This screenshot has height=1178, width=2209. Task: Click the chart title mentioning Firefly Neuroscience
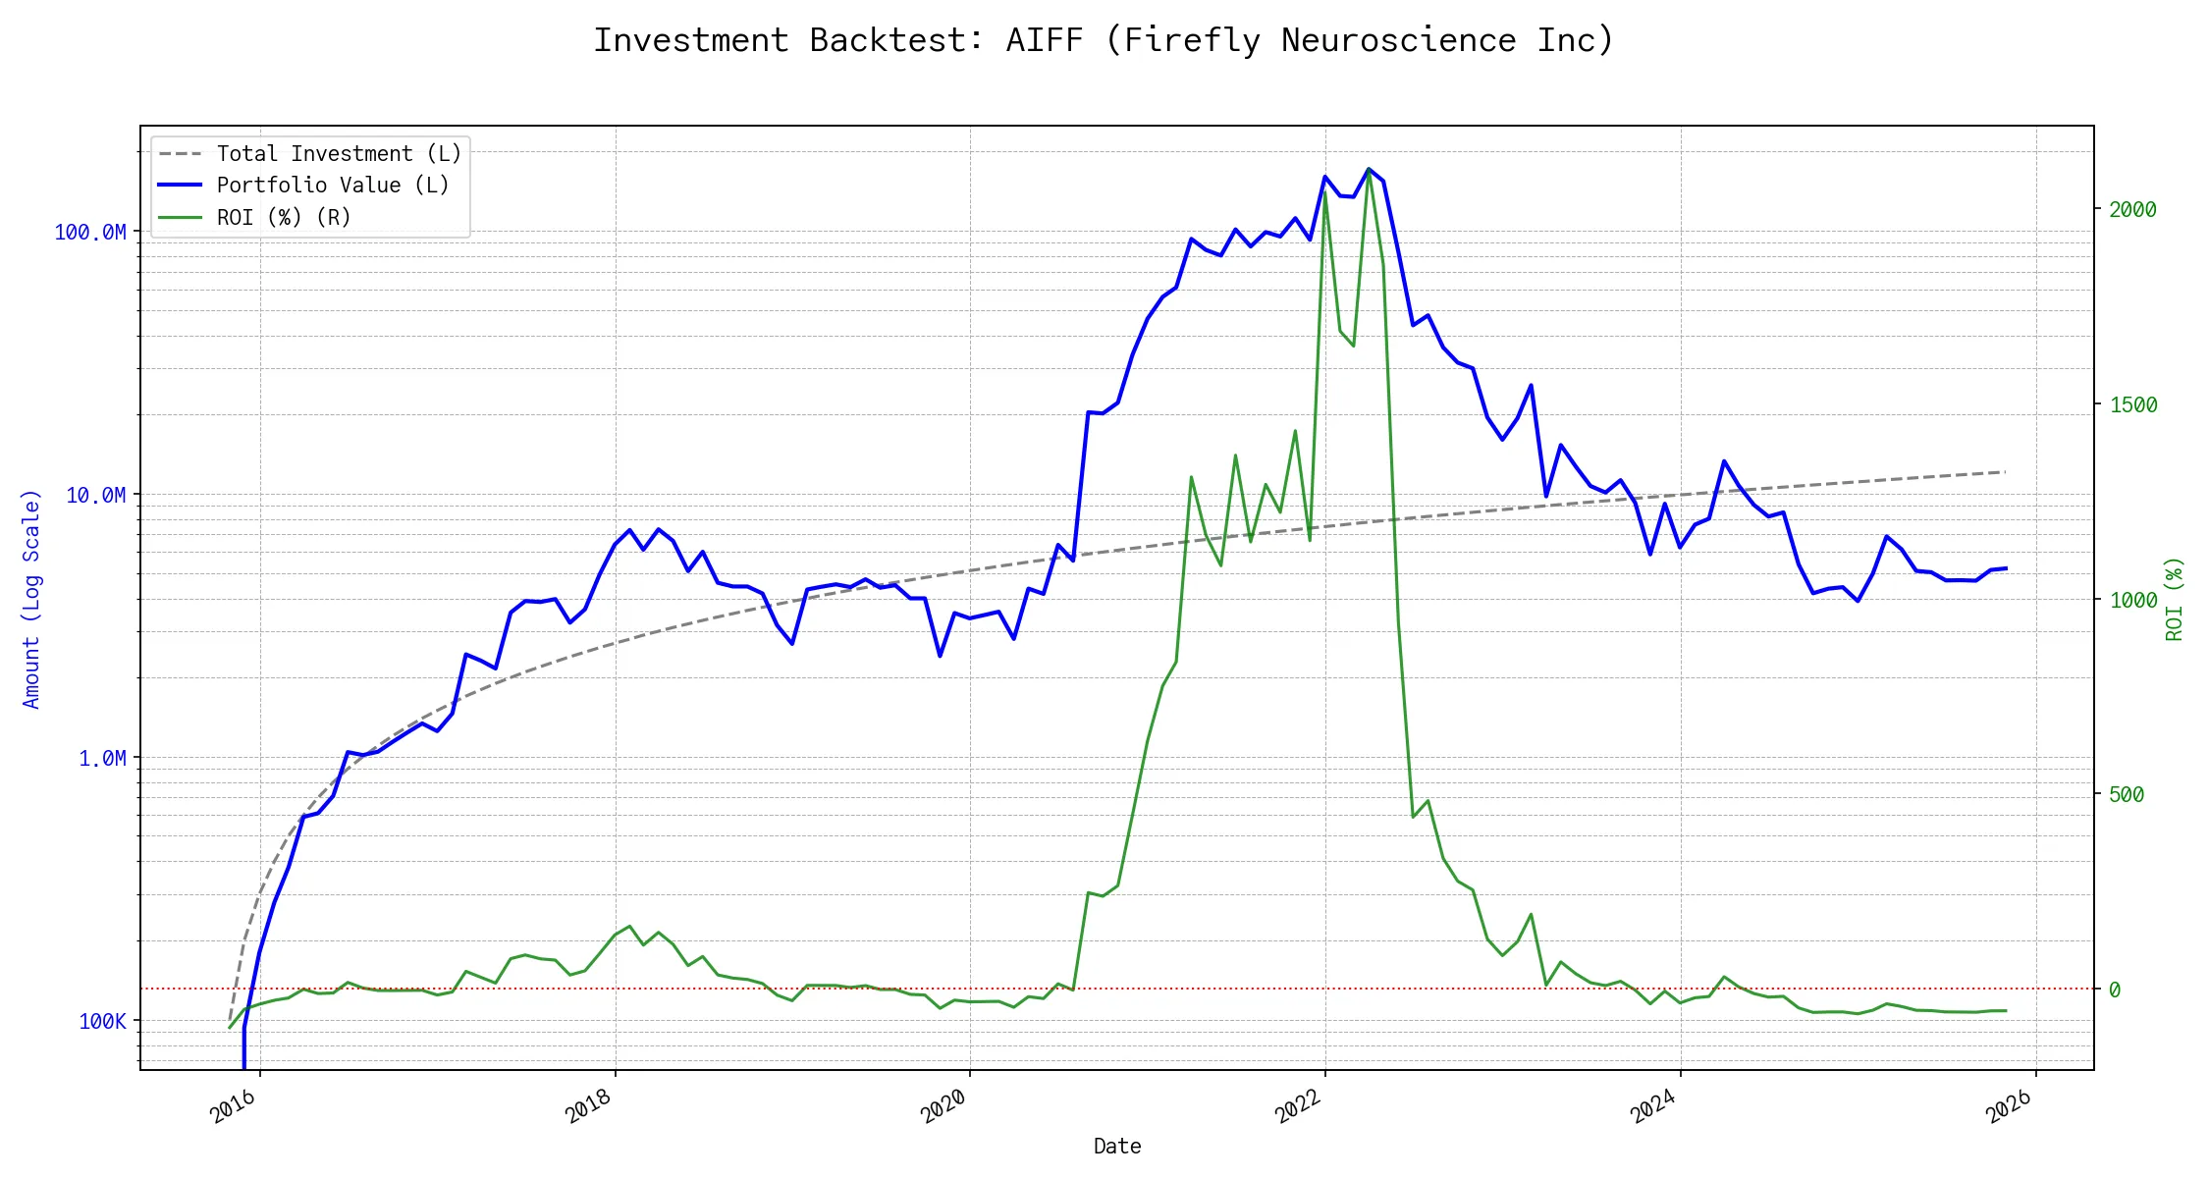coord(1104,40)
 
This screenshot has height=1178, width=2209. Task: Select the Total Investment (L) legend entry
coord(339,154)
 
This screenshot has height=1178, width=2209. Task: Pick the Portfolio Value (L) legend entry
coord(333,186)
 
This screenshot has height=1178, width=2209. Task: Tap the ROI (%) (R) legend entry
coord(284,217)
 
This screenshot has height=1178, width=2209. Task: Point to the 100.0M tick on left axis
coord(90,233)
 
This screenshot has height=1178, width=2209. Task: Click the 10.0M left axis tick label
coord(96,495)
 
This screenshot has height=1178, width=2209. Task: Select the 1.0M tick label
coord(102,758)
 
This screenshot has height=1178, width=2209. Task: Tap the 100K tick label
coord(102,1021)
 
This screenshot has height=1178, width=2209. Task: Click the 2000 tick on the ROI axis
coord(2133,209)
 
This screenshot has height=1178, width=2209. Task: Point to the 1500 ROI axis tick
coord(2133,404)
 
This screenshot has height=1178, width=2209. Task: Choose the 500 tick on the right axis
coord(2127,794)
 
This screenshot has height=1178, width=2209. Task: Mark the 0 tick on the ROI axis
coord(2115,990)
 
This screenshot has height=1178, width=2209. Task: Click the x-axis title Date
coord(1117,1147)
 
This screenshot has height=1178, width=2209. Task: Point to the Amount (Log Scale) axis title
coord(31,599)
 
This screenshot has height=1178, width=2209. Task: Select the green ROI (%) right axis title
coord(2175,599)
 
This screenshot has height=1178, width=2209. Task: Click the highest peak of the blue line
coord(1369,169)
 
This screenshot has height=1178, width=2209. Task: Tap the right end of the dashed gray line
coord(2005,472)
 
